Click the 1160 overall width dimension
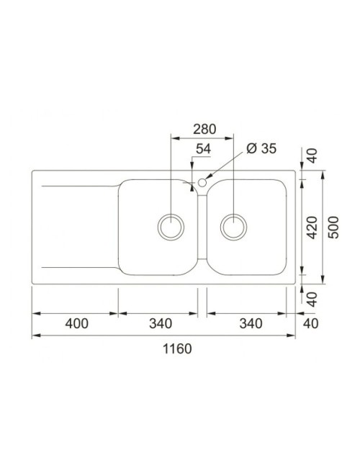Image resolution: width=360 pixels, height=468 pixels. point(177,348)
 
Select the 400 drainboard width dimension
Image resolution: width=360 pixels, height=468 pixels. point(77,323)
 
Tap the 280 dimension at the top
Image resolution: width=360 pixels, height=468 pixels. point(204,129)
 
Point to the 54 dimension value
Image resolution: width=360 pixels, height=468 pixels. point(203,148)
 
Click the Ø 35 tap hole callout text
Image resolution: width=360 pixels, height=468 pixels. point(261,148)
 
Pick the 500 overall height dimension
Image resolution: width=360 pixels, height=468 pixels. point(333,228)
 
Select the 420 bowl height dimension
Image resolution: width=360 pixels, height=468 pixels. point(312,228)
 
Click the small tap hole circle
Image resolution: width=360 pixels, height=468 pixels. point(202,182)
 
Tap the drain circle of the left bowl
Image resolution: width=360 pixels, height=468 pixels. point(171,227)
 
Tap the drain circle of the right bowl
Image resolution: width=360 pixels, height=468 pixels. point(233,227)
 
